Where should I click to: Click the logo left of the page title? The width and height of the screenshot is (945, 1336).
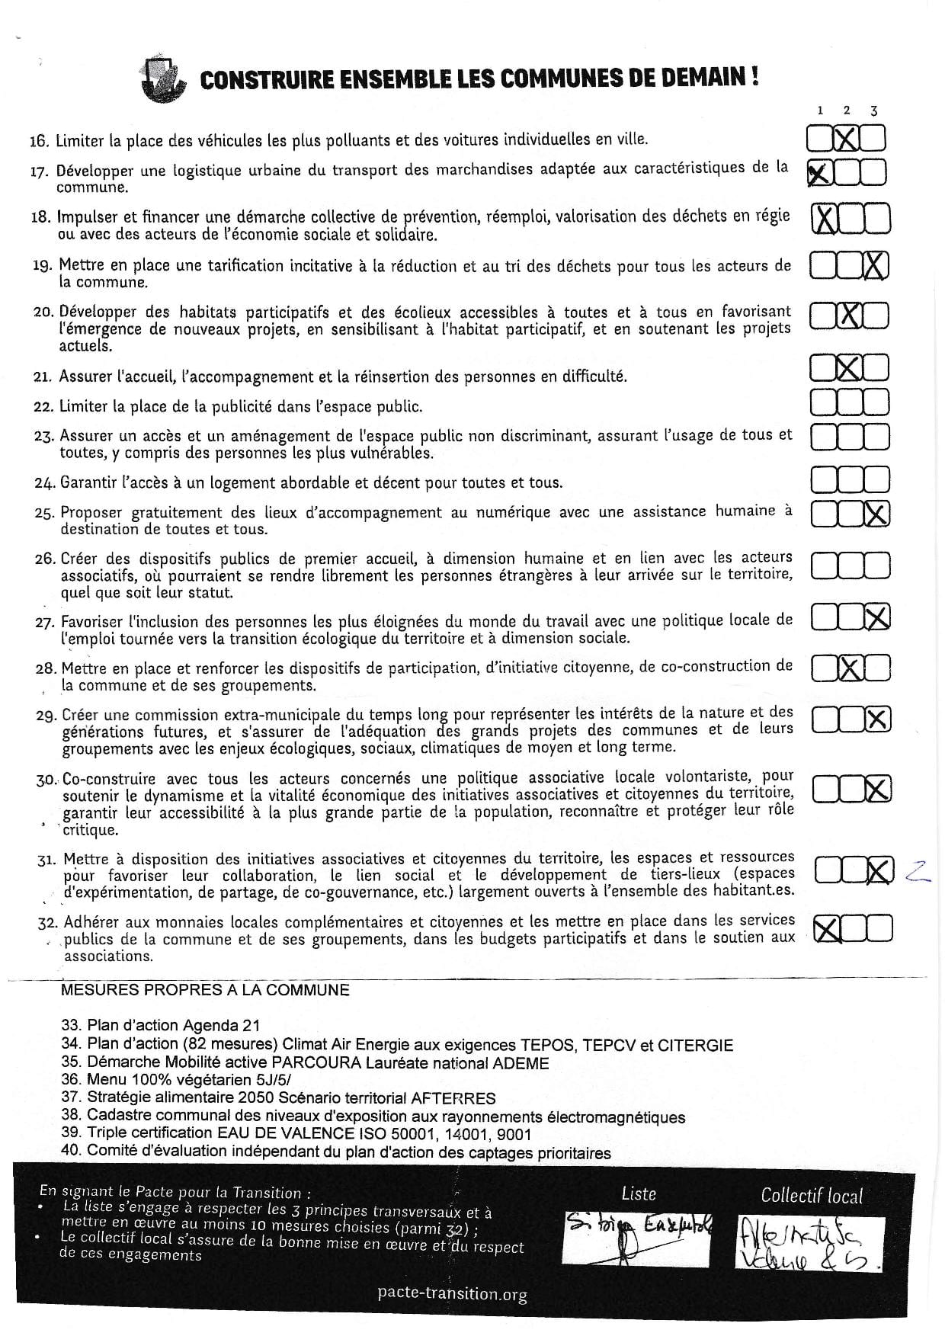(162, 80)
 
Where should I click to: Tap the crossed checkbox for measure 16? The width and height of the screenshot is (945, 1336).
(846, 139)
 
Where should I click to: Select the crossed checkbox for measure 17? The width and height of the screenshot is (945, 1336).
(818, 174)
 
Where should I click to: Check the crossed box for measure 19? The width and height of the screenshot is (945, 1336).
(876, 266)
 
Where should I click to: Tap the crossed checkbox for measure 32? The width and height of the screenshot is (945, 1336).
(827, 928)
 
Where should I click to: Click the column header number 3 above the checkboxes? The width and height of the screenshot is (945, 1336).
(873, 111)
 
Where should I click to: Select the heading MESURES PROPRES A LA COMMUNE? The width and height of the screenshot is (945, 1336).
(205, 990)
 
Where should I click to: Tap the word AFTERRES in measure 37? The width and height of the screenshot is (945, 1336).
(453, 1098)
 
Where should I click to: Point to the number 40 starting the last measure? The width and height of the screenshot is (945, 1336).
(70, 1152)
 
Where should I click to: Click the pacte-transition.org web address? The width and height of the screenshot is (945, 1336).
(452, 1293)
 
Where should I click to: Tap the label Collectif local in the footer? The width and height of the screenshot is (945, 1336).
(812, 1196)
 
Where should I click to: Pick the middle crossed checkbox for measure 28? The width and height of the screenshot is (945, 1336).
(850, 669)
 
